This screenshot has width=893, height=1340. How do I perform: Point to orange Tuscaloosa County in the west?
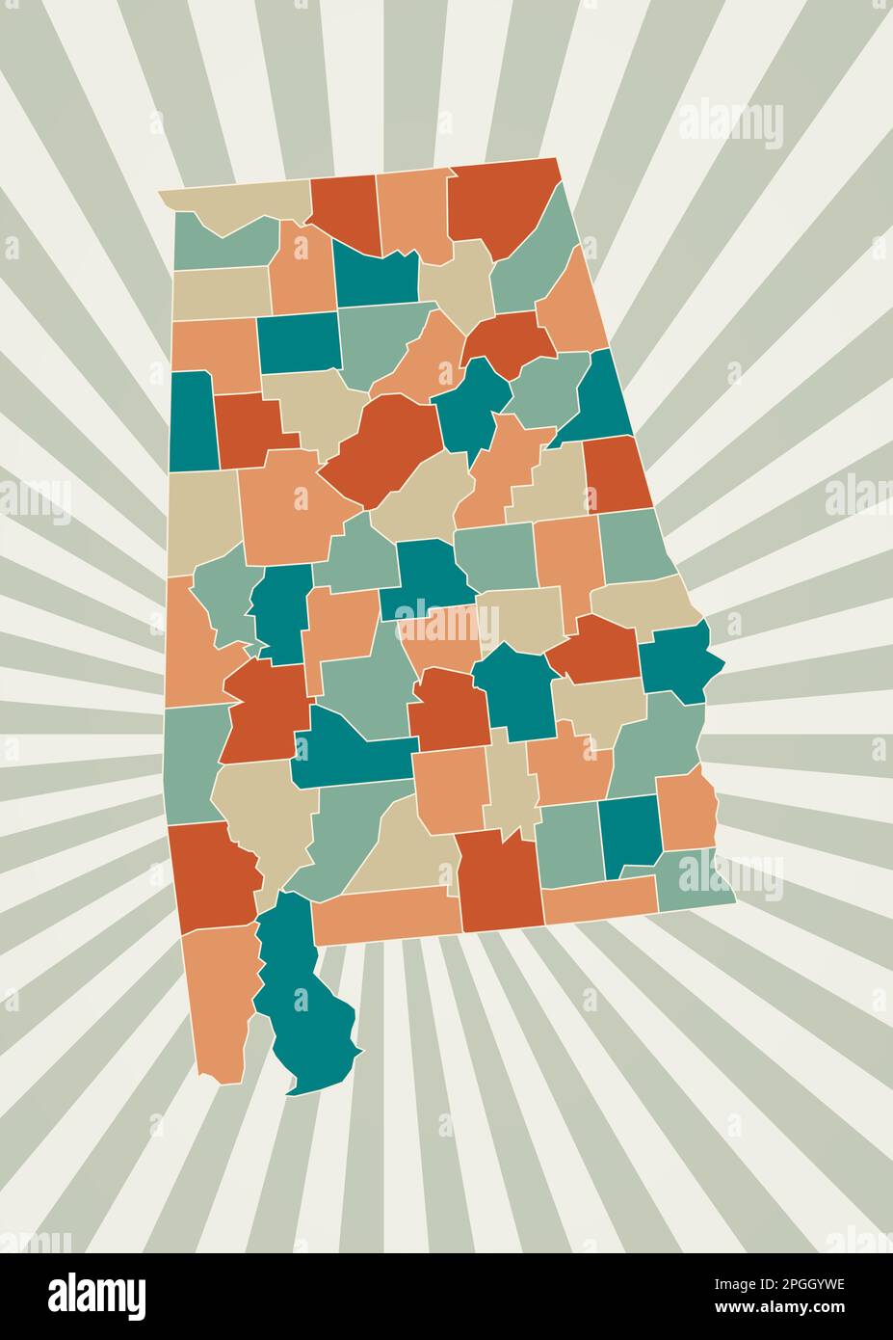tap(289, 506)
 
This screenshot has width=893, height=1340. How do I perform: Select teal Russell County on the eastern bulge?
tap(679, 660)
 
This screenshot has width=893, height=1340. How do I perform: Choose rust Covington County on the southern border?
tap(499, 882)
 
